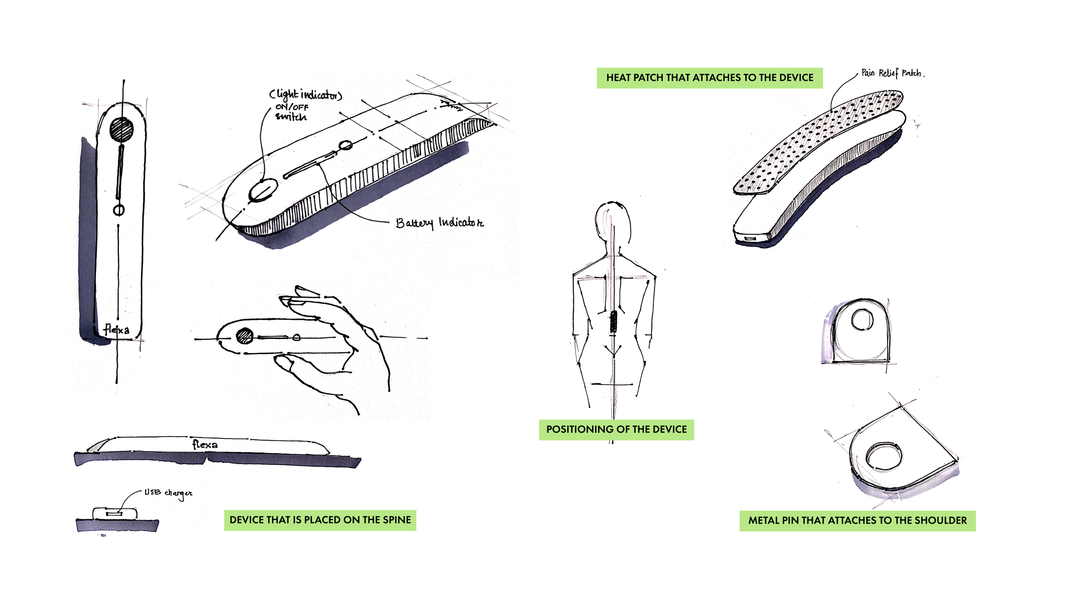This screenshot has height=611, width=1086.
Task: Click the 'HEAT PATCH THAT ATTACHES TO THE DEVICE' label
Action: tap(709, 78)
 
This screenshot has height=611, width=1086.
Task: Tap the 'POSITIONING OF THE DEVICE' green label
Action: tap(616, 429)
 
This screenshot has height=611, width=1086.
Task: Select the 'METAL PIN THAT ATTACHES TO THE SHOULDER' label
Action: tap(857, 520)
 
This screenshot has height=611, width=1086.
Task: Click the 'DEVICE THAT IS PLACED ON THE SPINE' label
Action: tap(320, 520)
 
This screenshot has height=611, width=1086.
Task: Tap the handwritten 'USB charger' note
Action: tap(168, 492)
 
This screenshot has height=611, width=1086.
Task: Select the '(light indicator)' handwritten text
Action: tap(305, 94)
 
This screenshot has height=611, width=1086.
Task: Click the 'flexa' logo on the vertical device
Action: tap(116, 329)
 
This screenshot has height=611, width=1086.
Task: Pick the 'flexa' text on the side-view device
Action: tap(205, 444)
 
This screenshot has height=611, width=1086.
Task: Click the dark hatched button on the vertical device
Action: tap(121, 130)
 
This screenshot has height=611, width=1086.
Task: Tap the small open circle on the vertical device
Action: tap(119, 210)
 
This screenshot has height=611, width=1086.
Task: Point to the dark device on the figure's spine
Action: tap(613, 322)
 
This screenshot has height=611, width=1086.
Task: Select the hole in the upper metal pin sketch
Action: tap(862, 320)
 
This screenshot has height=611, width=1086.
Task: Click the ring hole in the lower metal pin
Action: tap(884, 457)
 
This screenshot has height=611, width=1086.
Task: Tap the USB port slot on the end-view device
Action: tap(114, 514)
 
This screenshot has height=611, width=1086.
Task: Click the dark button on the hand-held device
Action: tap(245, 336)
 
